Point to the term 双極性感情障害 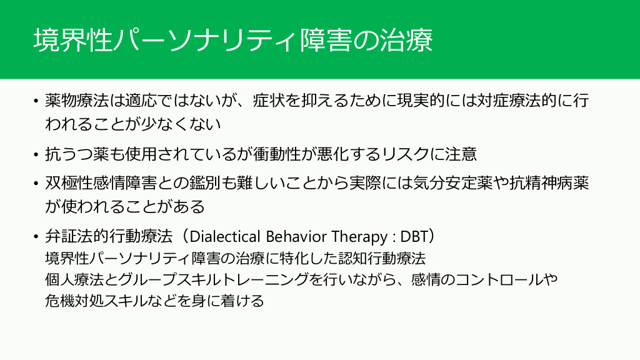pos(101,183)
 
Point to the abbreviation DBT pos(414,236)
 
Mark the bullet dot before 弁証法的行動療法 pos(36,237)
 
